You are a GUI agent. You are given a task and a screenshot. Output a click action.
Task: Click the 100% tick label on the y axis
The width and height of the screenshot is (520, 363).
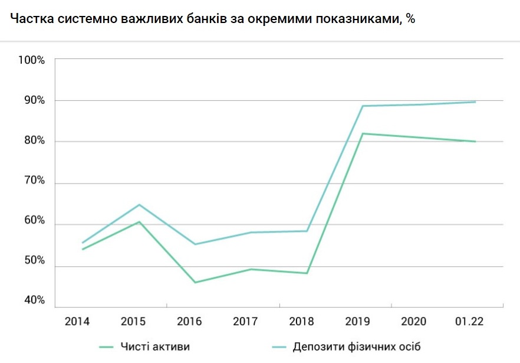click(32, 60)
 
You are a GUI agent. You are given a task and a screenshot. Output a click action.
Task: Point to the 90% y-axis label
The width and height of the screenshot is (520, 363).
click(34, 100)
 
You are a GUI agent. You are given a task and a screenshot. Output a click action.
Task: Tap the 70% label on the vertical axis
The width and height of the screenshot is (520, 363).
click(34, 180)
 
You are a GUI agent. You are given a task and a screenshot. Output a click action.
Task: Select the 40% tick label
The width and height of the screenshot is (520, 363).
click(34, 300)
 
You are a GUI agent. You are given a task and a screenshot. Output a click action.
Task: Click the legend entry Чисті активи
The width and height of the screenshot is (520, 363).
click(155, 346)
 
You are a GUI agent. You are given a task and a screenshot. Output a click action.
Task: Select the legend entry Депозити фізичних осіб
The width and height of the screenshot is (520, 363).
click(357, 346)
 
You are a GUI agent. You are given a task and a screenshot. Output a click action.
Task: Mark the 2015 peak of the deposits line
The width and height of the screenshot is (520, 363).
click(139, 204)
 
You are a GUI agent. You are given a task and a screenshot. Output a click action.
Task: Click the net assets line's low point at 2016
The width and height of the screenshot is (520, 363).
click(195, 283)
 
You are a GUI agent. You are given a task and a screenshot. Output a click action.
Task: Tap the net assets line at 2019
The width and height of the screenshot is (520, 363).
click(362, 133)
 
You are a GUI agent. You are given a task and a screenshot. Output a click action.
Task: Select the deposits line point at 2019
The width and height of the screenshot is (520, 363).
click(362, 106)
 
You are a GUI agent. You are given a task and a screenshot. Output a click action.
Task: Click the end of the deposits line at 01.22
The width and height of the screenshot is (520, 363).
click(475, 102)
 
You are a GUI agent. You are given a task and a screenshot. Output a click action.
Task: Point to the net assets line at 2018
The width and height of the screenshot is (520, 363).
click(307, 273)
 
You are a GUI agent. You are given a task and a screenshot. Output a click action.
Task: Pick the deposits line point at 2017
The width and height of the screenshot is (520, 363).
click(251, 232)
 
